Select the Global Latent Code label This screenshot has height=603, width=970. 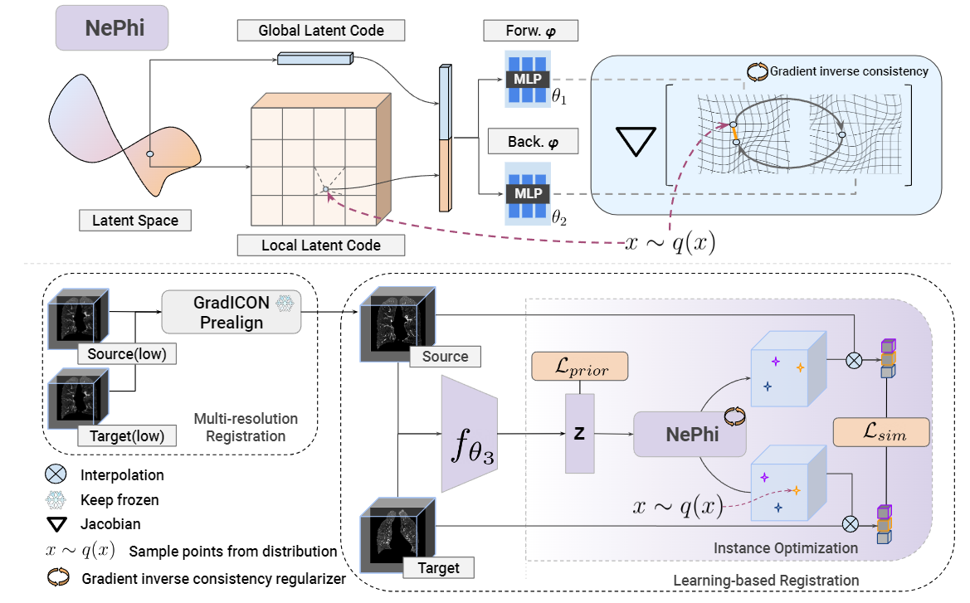click(x=321, y=31)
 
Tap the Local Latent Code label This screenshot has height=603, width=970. click(x=321, y=246)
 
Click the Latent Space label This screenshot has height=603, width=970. click(x=134, y=221)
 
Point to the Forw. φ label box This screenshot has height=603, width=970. click(x=530, y=32)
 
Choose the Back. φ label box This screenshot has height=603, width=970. click(x=530, y=142)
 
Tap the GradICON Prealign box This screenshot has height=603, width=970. click(x=231, y=312)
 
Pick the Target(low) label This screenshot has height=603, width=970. click(x=127, y=435)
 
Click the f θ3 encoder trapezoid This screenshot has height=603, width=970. click(x=469, y=433)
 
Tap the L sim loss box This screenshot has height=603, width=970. click(x=880, y=432)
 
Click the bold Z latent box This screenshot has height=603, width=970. click(x=578, y=433)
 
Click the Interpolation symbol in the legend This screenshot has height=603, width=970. click(x=56, y=475)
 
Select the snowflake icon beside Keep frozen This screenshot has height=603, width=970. click(x=56, y=500)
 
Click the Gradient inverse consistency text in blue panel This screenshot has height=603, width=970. click(x=849, y=71)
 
